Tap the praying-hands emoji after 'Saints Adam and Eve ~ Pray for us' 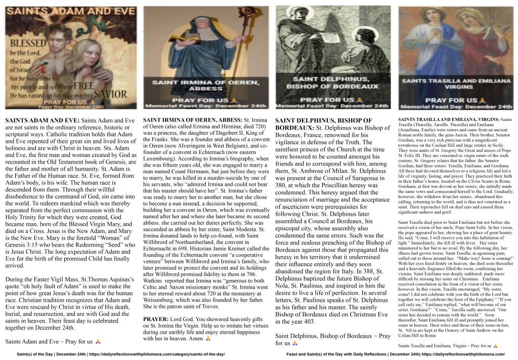(98, 341)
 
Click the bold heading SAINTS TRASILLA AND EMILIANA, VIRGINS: (445, 119)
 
